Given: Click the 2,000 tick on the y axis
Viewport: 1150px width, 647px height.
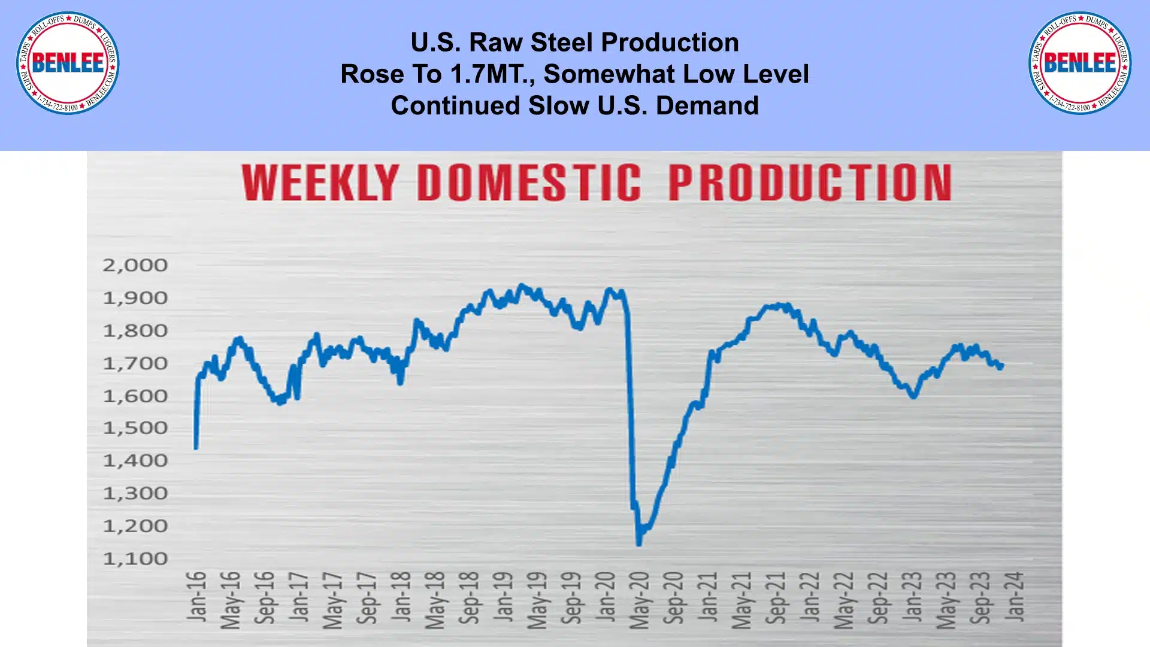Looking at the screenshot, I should [x=135, y=265].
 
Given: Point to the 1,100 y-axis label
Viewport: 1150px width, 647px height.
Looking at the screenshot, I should [x=135, y=559].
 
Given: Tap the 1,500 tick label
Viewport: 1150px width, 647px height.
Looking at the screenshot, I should [x=135, y=428].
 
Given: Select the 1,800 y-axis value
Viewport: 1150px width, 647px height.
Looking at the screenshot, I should [x=135, y=330].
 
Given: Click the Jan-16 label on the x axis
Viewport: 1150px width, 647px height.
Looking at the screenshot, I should [x=196, y=596].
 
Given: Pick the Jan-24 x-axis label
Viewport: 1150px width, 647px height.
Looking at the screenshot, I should [x=1015, y=596].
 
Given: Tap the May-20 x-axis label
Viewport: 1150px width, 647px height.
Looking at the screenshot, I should [x=640, y=600].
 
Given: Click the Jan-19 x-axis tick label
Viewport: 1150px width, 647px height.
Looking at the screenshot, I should [x=504, y=596].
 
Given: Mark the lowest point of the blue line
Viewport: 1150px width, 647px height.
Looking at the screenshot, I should [x=638, y=543].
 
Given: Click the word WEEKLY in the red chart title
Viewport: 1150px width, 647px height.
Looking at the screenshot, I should [x=320, y=183].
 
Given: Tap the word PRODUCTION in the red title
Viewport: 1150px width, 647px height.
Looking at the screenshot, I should [x=810, y=183].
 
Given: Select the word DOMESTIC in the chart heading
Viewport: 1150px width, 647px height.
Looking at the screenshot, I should [x=529, y=183].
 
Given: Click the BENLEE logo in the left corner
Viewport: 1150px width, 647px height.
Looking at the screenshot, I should [x=68, y=63].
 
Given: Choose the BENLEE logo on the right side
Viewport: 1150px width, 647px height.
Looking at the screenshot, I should [x=1080, y=63].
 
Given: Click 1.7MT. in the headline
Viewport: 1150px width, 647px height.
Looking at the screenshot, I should [x=491, y=74].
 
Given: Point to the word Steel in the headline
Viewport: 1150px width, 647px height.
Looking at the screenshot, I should [x=562, y=42].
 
